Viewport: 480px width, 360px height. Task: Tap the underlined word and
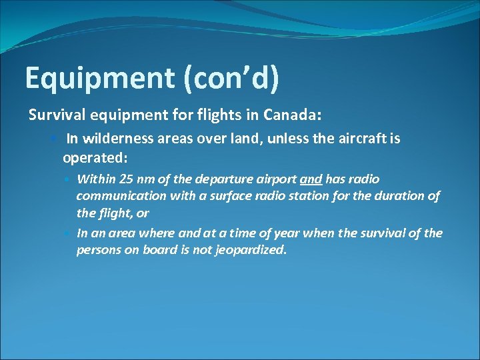point(311,179)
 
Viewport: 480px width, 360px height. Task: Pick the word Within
point(94,179)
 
